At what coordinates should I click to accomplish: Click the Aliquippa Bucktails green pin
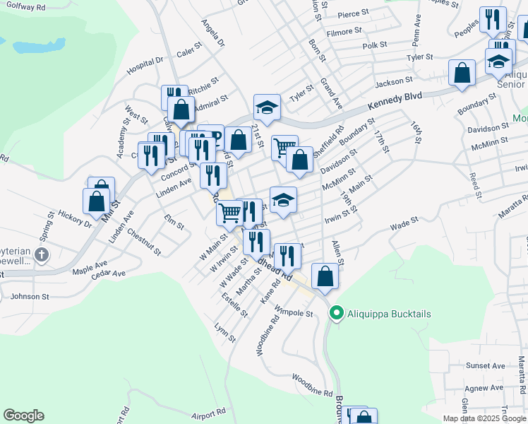(336, 313)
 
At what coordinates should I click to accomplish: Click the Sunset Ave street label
(486, 366)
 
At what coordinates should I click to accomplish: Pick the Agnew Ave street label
(484, 387)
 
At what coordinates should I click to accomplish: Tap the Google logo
(23, 416)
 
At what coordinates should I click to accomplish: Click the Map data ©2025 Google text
(485, 418)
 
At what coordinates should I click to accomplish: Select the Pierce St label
(354, 13)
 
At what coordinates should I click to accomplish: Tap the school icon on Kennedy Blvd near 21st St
(267, 107)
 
